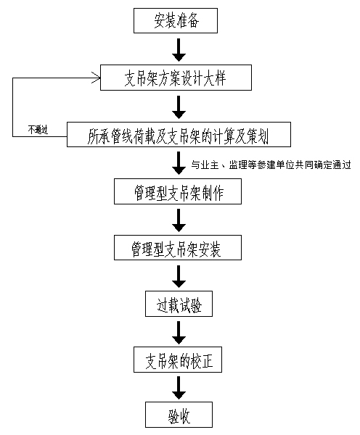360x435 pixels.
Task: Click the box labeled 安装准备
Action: click(176, 20)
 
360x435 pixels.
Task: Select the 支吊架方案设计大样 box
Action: click(176, 78)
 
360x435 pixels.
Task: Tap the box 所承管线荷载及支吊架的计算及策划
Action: click(179, 135)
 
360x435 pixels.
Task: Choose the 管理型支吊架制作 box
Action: click(178, 191)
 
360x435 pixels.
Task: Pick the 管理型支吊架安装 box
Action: click(178, 248)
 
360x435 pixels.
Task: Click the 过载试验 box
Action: click(179, 304)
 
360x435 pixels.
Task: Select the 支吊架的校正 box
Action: click(178, 360)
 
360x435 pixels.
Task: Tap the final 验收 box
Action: click(179, 415)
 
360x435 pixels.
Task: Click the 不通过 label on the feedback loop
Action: click(38, 130)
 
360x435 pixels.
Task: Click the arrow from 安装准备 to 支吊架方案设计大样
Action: click(179, 50)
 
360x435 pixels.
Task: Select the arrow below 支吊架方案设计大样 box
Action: click(179, 107)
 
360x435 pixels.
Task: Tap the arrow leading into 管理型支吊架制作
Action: click(179, 163)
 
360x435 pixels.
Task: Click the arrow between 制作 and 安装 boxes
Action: click(179, 220)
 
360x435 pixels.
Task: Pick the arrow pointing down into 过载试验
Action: click(179, 277)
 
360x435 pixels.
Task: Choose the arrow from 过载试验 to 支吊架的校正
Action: click(179, 333)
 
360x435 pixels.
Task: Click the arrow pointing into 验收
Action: click(179, 388)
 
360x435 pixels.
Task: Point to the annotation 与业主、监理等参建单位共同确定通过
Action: click(271, 165)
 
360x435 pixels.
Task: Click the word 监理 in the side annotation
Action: click(238, 165)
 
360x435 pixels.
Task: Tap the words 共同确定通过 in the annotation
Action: click(323, 165)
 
